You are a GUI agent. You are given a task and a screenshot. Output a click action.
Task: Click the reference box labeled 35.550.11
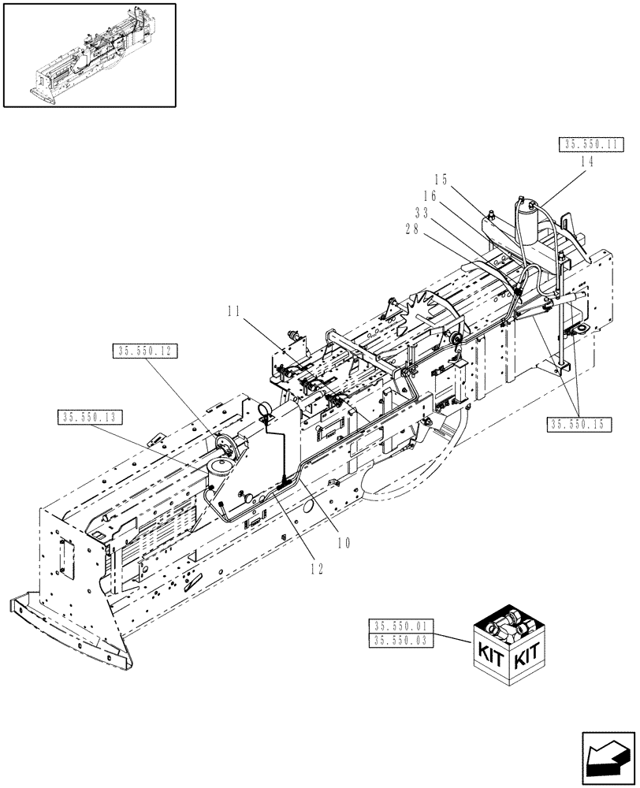(591, 144)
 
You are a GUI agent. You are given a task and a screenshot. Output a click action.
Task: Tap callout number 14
(586, 160)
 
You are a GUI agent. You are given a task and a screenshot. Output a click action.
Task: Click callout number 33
(420, 212)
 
